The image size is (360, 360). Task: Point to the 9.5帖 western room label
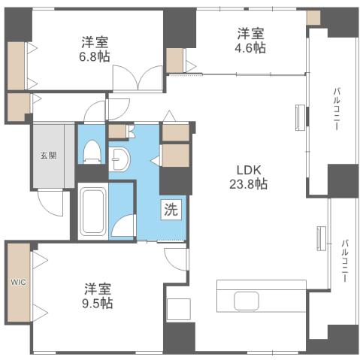click(x=98, y=295)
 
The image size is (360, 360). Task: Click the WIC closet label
click(x=17, y=283)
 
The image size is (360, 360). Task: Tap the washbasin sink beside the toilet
click(x=120, y=160)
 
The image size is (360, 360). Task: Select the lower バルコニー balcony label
click(x=344, y=260)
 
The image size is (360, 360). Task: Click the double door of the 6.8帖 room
click(x=138, y=77)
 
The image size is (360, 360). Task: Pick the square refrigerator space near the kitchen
click(x=177, y=309)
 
